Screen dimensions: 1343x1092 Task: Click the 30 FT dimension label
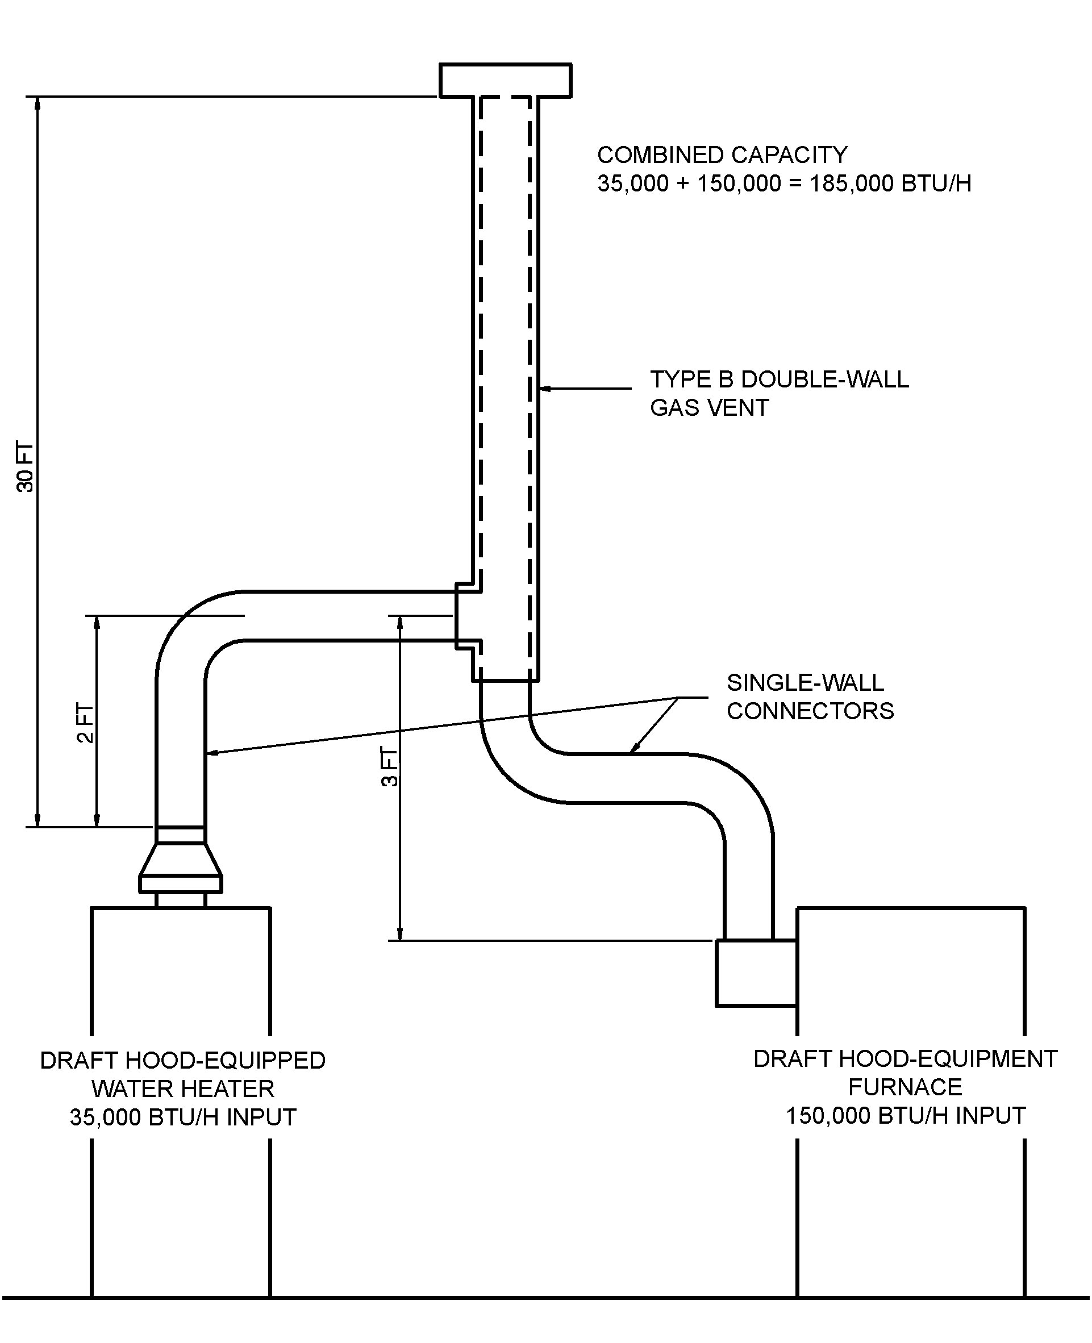[x=25, y=468]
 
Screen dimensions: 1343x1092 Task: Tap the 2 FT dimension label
[x=85, y=723]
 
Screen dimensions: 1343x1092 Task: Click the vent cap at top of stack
[x=505, y=81]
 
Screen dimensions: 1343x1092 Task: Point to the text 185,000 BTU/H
[x=890, y=183]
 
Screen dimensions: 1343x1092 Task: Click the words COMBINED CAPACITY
[x=722, y=155]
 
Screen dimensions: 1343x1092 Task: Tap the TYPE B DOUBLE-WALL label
[x=779, y=379]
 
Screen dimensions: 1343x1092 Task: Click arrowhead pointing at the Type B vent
[x=545, y=389]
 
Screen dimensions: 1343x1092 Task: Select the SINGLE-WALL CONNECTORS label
[x=810, y=697]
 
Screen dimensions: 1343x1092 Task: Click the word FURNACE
[x=905, y=1087]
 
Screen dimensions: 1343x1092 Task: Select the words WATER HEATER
[x=182, y=1089]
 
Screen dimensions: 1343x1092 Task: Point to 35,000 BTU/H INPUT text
[x=182, y=1117]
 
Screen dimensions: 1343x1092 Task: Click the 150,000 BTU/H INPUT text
[x=905, y=1115]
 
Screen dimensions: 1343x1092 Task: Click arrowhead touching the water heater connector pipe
[x=211, y=752]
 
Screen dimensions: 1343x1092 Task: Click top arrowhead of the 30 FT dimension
[x=37, y=103]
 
